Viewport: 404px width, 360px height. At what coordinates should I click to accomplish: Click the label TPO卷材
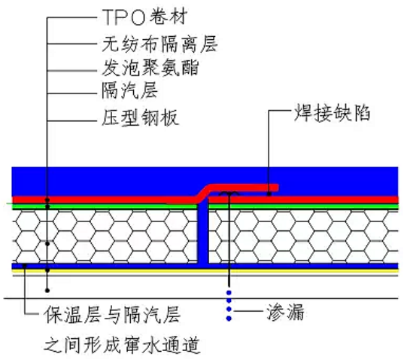pyautogui.click(x=144, y=17)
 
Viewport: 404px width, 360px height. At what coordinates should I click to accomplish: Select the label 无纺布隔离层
pyautogui.click(x=159, y=44)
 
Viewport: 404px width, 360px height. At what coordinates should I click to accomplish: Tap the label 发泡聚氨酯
pyautogui.click(x=150, y=68)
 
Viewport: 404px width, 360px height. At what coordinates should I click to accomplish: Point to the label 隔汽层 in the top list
pyautogui.click(x=129, y=90)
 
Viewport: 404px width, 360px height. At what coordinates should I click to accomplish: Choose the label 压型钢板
pyautogui.click(x=140, y=117)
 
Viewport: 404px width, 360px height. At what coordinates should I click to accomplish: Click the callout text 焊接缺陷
pyautogui.click(x=332, y=113)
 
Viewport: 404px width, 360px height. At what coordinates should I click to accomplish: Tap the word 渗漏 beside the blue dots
pyautogui.click(x=285, y=312)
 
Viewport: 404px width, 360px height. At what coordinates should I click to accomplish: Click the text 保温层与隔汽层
pyautogui.click(x=112, y=315)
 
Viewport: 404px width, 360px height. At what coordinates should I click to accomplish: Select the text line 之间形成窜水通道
pyautogui.click(x=122, y=345)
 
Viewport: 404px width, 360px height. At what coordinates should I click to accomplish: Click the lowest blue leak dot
pyautogui.click(x=229, y=319)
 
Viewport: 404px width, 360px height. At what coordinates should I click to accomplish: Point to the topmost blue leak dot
pyautogui.click(x=229, y=292)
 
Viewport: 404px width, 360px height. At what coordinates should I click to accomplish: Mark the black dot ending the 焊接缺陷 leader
pyautogui.click(x=269, y=194)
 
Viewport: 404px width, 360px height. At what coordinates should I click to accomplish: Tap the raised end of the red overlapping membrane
pyautogui.click(x=275, y=188)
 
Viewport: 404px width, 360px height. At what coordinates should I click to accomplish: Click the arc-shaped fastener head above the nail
pyautogui.click(x=229, y=194)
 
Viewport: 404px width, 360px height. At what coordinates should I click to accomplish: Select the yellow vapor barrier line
pyautogui.click(x=205, y=271)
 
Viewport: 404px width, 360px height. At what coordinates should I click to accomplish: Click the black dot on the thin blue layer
pyautogui.click(x=25, y=265)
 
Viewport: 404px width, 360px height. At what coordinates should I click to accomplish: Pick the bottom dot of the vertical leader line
pyautogui.click(x=47, y=291)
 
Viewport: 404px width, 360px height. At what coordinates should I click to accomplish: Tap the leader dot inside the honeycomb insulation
pyautogui.click(x=47, y=243)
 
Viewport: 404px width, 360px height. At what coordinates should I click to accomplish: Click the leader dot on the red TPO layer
pyautogui.click(x=47, y=200)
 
